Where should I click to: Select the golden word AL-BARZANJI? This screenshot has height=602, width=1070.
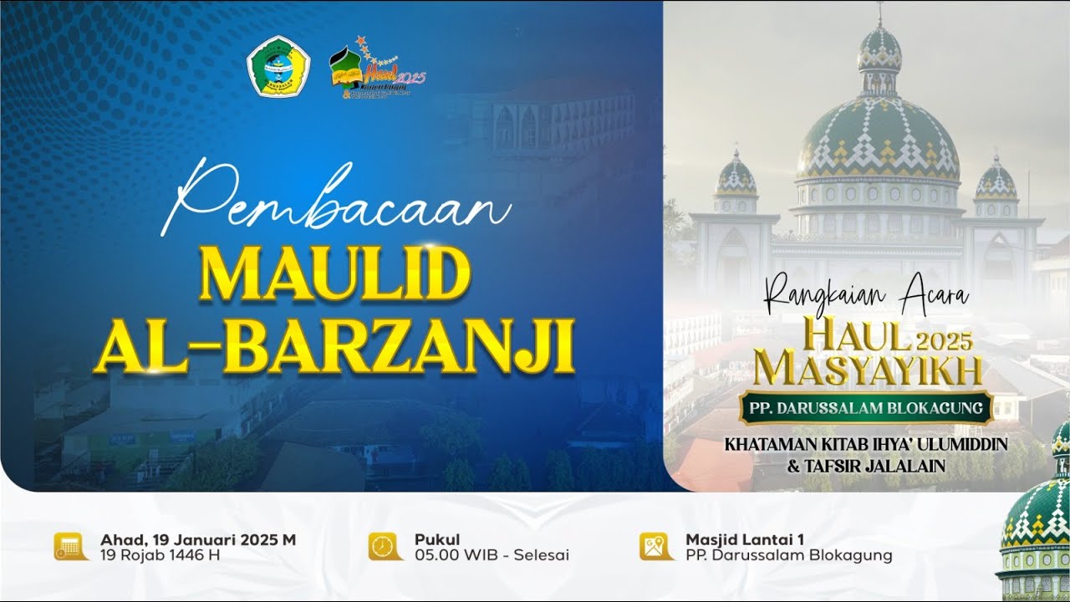[x=334, y=344]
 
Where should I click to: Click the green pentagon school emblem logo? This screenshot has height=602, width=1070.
[x=278, y=70]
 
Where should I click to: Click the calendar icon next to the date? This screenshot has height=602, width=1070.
[x=71, y=546]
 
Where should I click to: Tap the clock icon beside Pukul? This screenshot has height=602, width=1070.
[x=385, y=546]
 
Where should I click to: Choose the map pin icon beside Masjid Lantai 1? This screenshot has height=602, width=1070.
[x=656, y=546]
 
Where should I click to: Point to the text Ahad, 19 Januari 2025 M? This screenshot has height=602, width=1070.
[x=198, y=539]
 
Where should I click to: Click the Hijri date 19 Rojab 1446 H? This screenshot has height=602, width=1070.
[x=160, y=555]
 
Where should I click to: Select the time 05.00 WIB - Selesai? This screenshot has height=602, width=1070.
[x=492, y=555]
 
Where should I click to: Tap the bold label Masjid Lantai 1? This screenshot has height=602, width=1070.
[x=745, y=539]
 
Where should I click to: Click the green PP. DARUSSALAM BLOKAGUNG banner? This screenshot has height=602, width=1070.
[x=866, y=409]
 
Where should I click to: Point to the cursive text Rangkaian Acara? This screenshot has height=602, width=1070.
[x=866, y=293]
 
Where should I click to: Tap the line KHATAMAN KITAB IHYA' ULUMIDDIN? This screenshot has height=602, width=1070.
[x=866, y=444]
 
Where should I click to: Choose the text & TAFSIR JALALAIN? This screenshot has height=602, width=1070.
[x=866, y=466]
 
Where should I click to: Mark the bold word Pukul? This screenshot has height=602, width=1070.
[x=437, y=539]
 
